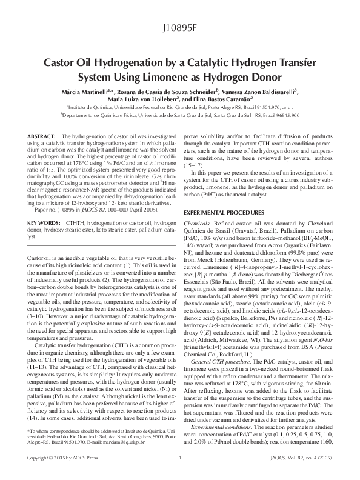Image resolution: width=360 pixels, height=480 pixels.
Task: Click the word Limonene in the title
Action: pyautogui.click(x=170, y=77)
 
